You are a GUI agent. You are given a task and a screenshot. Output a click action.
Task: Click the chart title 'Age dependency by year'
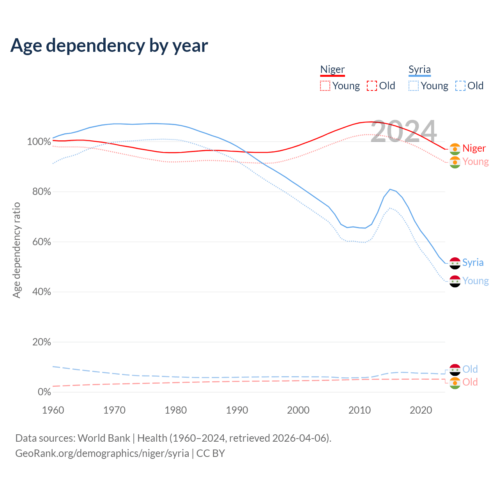point(109,46)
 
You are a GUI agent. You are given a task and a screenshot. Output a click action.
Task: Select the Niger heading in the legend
point(333,69)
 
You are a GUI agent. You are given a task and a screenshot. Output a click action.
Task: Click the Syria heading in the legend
point(419,69)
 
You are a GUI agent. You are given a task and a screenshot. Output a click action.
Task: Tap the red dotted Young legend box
point(325,86)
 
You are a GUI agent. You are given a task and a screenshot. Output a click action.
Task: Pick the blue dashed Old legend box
point(460,86)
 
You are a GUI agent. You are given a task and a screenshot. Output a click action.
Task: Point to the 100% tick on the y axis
point(39,142)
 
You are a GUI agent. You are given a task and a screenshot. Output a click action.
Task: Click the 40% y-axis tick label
point(41,292)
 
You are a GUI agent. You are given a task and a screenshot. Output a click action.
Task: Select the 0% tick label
point(44,392)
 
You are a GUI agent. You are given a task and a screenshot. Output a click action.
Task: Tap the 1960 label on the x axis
point(53,410)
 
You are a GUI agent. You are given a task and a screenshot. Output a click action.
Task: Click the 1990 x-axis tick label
point(237,410)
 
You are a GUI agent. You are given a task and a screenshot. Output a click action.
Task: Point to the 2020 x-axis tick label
point(421,410)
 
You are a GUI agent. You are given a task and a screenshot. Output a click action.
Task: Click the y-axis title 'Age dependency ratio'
point(16,250)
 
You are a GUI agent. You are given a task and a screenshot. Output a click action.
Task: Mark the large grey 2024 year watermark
point(403,131)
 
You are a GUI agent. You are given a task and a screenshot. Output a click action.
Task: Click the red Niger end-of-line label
point(474,148)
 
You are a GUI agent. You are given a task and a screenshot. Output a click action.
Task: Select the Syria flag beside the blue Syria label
point(455,263)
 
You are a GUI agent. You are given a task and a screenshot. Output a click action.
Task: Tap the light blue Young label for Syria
point(476,281)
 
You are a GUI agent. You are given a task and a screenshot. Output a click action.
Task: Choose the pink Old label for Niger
point(470,382)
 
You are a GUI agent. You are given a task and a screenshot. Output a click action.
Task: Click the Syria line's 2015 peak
point(390,189)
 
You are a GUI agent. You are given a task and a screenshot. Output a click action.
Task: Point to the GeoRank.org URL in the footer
point(102,453)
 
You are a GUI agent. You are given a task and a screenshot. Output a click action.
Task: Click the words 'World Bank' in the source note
point(104,438)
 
